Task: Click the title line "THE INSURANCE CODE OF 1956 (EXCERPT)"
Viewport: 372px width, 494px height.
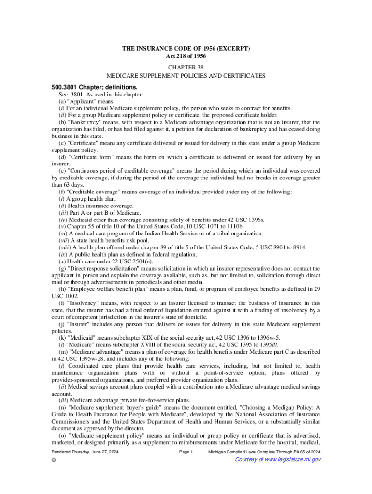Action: pyautogui.click(x=186, y=49)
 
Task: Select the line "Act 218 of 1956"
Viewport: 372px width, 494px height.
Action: pyautogui.click(x=186, y=56)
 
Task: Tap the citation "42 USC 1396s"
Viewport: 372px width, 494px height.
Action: pyautogui.click(x=247, y=220)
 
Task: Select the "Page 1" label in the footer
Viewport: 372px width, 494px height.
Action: pyautogui.click(x=186, y=452)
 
